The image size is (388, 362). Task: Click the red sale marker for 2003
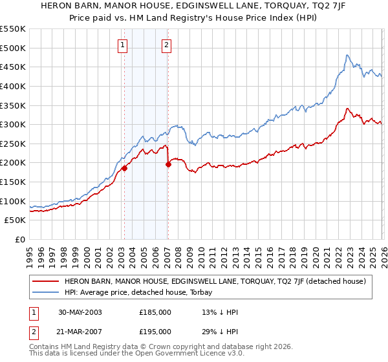(124, 168)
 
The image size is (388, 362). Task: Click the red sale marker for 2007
(168, 164)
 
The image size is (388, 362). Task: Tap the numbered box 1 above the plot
(123, 45)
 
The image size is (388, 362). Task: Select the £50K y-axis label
(15, 220)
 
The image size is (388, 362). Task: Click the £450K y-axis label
(13, 67)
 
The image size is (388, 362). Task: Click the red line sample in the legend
(46, 281)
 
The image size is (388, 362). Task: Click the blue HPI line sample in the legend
(46, 292)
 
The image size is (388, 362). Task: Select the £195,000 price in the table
(155, 332)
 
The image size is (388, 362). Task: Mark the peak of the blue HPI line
(347, 55)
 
